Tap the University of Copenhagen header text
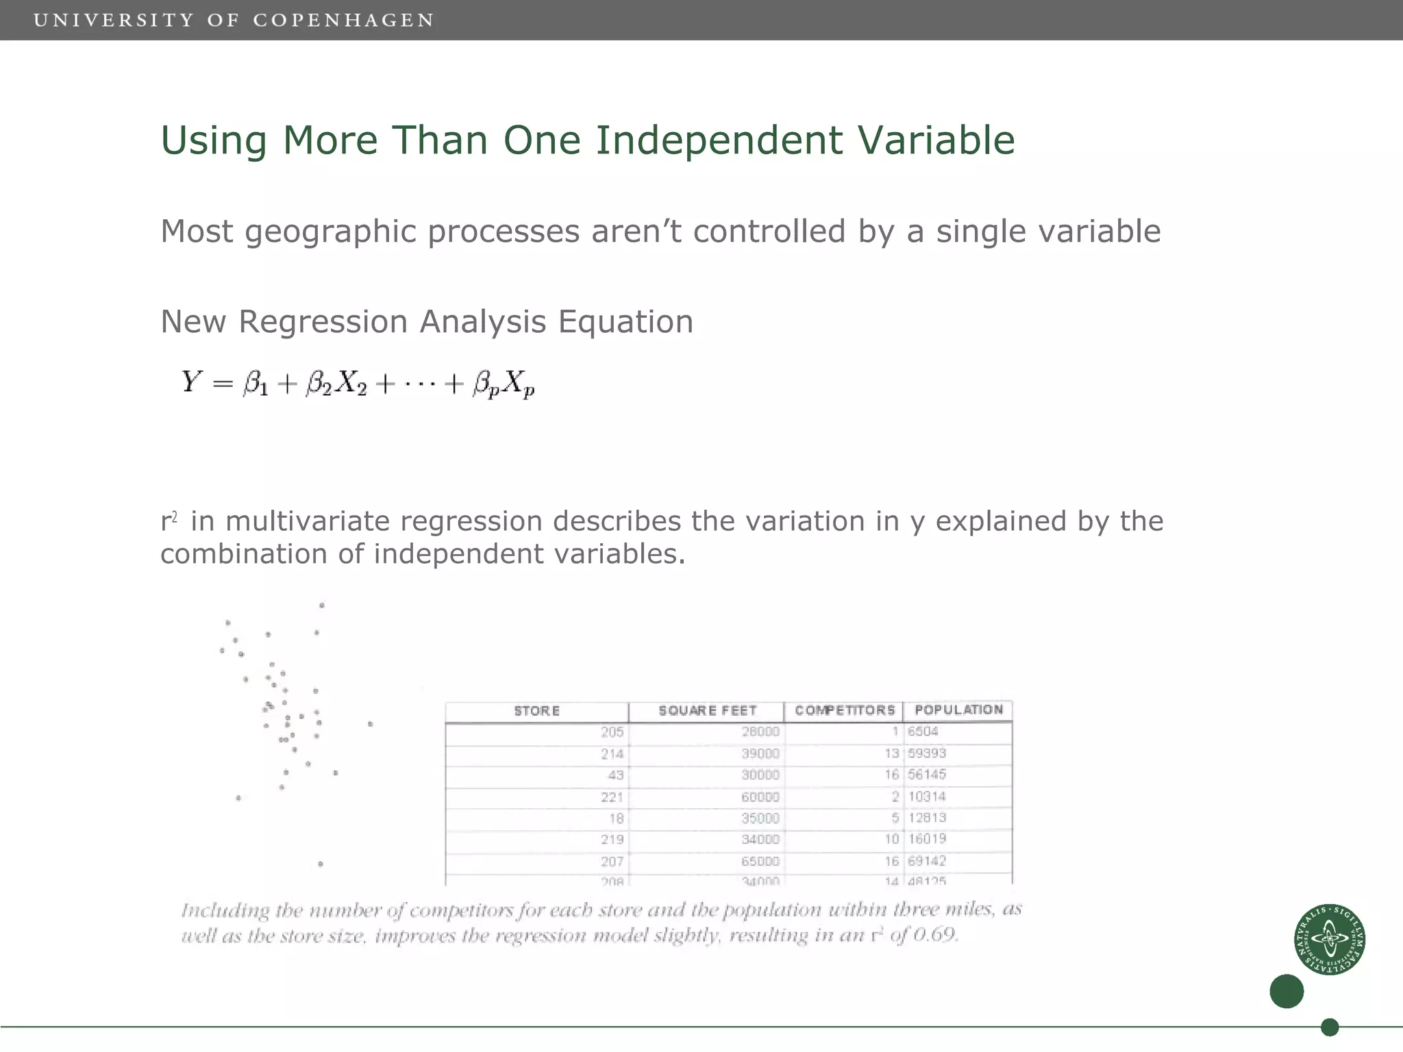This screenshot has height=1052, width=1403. (x=234, y=21)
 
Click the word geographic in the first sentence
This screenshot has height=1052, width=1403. (x=330, y=231)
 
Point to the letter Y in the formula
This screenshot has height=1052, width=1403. (x=191, y=381)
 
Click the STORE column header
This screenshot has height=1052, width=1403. (x=536, y=711)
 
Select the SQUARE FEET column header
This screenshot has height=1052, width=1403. (x=707, y=711)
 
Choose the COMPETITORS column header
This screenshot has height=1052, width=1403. (x=844, y=710)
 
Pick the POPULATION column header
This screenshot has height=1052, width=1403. (x=958, y=710)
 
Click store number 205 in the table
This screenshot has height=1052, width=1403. (x=612, y=732)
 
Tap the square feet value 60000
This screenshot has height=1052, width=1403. (x=760, y=797)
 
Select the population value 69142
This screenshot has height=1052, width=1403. (x=926, y=861)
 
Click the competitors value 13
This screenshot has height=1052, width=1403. (x=891, y=753)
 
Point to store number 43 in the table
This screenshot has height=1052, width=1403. (x=615, y=775)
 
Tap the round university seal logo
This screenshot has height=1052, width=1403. (x=1329, y=939)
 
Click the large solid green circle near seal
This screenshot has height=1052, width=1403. (x=1286, y=991)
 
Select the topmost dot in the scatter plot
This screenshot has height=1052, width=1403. (x=322, y=605)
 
